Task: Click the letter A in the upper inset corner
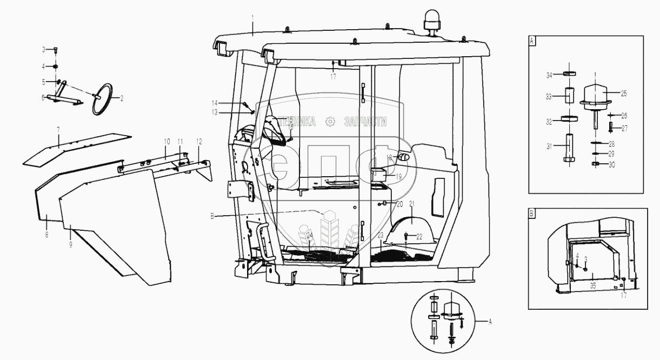532,40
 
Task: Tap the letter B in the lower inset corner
532,214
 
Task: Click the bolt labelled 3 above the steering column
56,50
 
